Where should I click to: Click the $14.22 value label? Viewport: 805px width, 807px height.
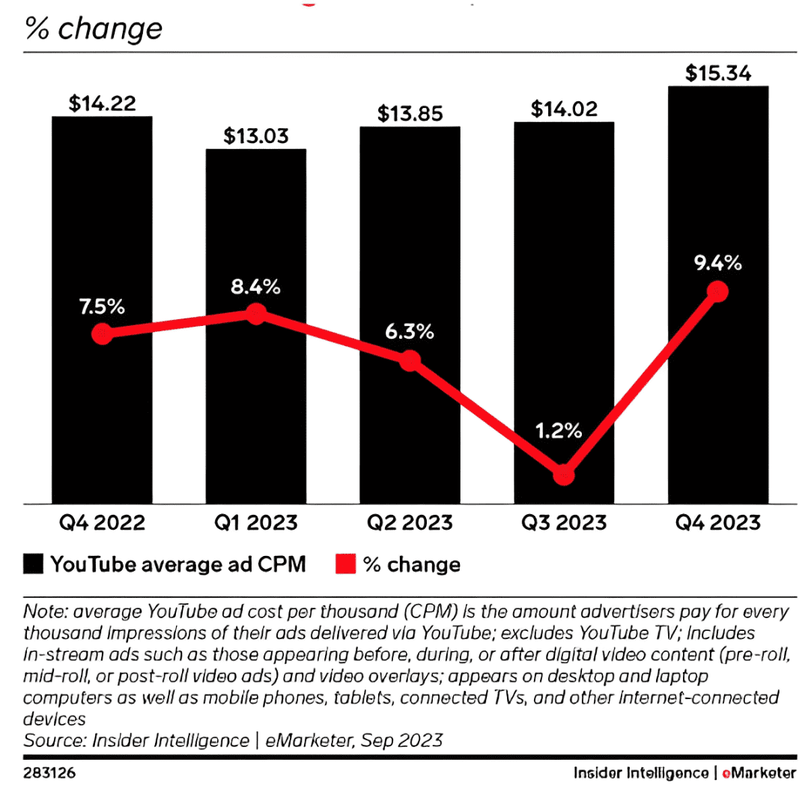pyautogui.click(x=102, y=104)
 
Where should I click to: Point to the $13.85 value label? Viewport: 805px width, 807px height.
pyautogui.click(x=410, y=114)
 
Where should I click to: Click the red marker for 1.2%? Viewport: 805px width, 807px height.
pyautogui.click(x=564, y=475)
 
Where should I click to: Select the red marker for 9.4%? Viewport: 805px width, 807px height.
pyautogui.click(x=718, y=291)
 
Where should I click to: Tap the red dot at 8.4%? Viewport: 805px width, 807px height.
pyautogui.click(x=256, y=313)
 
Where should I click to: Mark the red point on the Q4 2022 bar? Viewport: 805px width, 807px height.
pyautogui.click(x=102, y=334)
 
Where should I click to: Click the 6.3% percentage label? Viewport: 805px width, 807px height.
pyautogui.click(x=410, y=330)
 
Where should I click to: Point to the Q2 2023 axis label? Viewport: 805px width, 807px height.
pyautogui.click(x=410, y=522)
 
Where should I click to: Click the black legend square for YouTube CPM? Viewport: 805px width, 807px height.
pyautogui.click(x=34, y=563)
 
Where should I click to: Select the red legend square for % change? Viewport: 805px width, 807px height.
pyautogui.click(x=344, y=563)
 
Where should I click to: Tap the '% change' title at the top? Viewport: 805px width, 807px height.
pyautogui.click(x=94, y=28)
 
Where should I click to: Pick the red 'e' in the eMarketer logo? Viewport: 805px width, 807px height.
pyautogui.click(x=726, y=773)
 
